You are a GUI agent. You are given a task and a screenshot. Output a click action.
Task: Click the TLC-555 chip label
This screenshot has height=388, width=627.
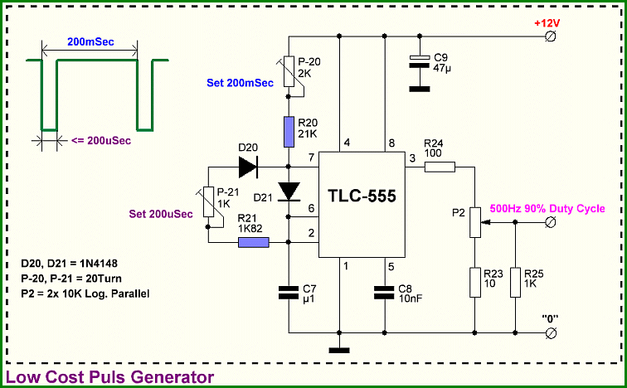pos(362,196)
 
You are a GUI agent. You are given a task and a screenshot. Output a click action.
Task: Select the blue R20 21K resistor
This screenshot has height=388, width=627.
pos(289,132)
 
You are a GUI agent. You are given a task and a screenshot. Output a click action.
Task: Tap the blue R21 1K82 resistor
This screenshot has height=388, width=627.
pos(254,242)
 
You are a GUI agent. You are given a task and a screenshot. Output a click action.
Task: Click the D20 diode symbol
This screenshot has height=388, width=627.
pos(248,167)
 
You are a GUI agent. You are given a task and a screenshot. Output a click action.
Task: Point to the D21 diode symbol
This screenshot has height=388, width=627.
pos(289,192)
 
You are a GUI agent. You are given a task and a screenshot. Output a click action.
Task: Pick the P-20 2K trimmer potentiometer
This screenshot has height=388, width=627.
pos(289,71)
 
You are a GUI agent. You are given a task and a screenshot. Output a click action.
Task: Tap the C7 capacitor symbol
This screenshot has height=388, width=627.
pos(289,293)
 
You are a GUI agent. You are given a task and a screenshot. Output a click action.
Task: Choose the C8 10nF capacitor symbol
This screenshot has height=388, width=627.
pos(384,293)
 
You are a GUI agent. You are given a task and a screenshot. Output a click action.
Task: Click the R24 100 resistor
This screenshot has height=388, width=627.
pos(440,167)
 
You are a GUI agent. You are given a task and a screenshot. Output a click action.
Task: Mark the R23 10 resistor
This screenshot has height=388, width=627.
pos(474,283)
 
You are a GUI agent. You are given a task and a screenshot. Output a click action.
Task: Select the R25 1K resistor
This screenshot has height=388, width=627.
pos(515,283)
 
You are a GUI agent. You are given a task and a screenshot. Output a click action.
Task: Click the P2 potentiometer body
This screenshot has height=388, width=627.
pos(474,222)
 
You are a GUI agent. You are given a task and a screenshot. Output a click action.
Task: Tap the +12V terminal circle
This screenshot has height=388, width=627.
pos(551,36)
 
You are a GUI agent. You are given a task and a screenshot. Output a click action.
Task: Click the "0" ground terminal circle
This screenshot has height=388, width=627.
pos(551,332)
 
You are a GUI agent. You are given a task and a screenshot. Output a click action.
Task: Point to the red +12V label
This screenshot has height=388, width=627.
pos(547,23)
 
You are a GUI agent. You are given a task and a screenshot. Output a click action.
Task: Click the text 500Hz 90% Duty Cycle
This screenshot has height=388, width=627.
pos(547,209)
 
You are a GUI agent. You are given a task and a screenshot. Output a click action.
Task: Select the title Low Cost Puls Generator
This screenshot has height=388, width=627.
pos(109,377)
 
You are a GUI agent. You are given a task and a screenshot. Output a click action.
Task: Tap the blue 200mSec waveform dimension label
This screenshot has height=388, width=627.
pos(90,41)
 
